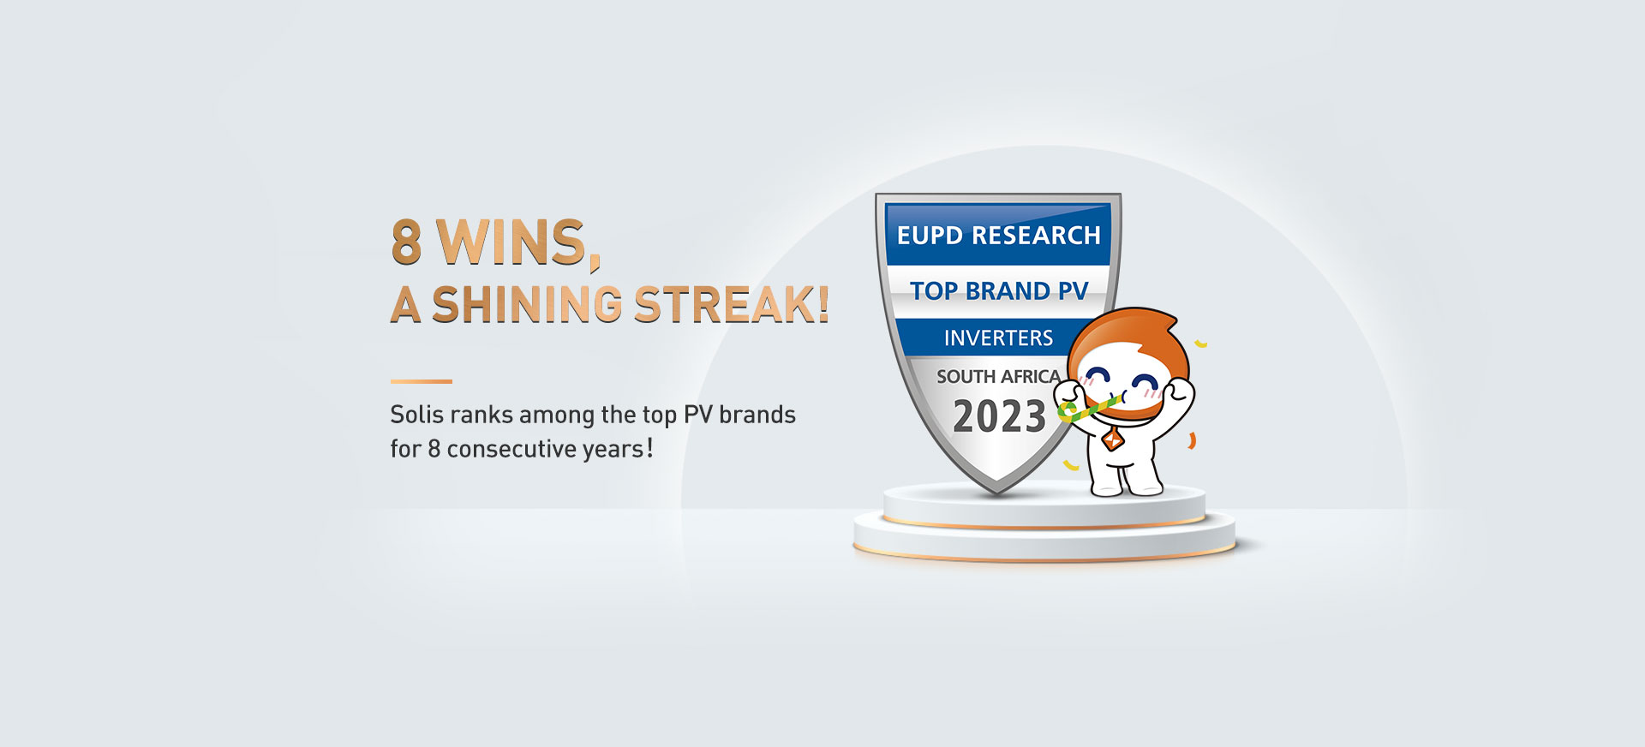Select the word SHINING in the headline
point(527,304)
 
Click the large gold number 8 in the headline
point(407,242)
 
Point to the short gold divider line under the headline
point(421,381)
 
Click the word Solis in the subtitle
point(416,415)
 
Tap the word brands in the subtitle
point(757,415)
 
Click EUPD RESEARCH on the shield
point(998,235)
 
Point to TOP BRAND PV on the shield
point(998,291)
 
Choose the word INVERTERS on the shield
point(998,338)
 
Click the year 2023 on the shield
point(999,417)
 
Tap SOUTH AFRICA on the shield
point(998,377)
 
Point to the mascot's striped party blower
point(1088,408)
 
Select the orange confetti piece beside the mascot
point(1191,441)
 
